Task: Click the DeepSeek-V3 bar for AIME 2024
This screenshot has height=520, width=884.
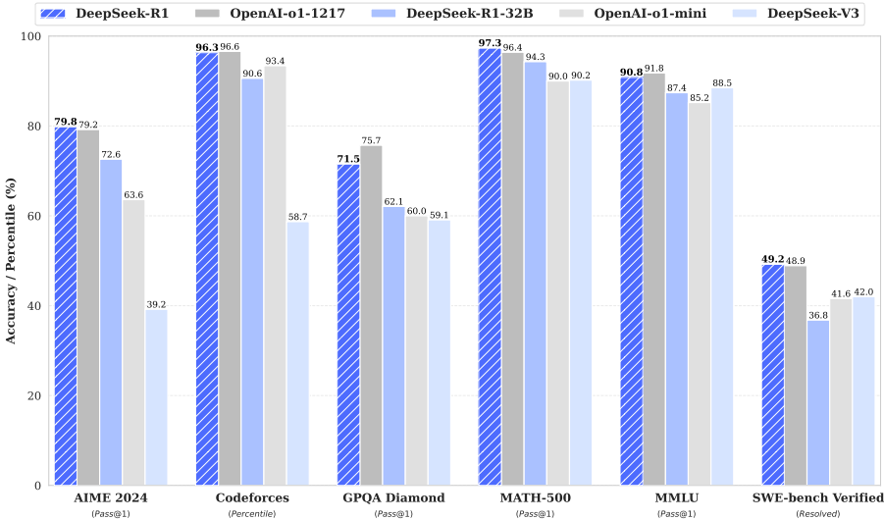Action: (157, 397)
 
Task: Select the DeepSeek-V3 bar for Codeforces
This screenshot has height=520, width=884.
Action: (297, 353)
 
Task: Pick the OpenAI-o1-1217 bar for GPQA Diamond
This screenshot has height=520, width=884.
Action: (370, 315)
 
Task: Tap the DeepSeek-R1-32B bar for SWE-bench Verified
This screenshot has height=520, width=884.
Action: (817, 402)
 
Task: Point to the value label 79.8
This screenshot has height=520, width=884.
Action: (65, 122)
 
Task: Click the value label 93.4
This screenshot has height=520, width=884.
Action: (275, 61)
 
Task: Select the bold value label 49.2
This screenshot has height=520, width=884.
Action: (772, 259)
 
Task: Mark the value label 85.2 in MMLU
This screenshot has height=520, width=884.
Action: (699, 97)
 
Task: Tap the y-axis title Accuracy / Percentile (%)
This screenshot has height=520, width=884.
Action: (11, 260)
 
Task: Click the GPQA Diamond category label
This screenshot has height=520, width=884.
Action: (393, 497)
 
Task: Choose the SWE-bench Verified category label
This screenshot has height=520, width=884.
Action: (817, 497)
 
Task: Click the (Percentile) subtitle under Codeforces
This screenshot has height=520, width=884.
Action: (252, 513)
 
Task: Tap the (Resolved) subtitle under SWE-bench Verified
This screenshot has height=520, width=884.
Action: (817, 513)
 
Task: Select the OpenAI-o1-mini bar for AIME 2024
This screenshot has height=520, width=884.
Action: (133, 342)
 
